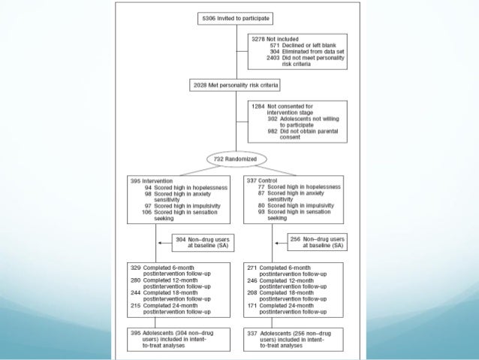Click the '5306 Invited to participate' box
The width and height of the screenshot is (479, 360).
pyautogui.click(x=236, y=17)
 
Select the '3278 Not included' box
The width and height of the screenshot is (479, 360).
pyautogui.click(x=298, y=50)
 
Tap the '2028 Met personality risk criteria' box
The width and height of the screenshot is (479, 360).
pyautogui.click(x=236, y=86)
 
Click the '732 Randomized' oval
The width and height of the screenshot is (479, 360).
pyautogui.click(x=236, y=160)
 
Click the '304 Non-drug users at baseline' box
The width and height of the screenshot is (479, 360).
pyautogui.click(x=198, y=243)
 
